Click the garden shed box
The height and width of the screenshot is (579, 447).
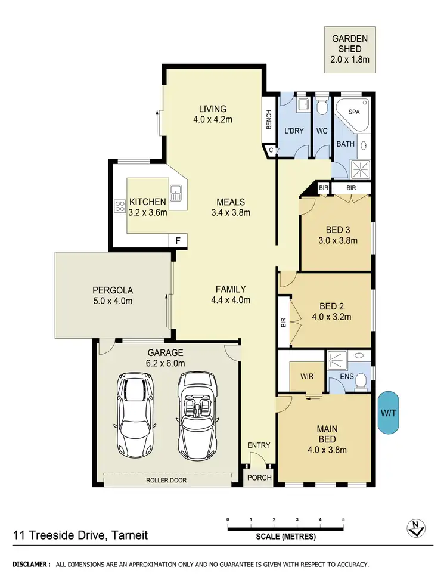(350, 50)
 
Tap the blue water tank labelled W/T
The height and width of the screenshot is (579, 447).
(390, 413)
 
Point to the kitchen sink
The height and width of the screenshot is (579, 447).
(176, 193)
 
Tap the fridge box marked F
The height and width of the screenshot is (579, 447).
(178, 240)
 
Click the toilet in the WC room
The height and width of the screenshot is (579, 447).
(322, 107)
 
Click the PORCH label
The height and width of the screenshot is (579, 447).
(259, 477)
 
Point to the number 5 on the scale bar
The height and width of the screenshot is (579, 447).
(343, 519)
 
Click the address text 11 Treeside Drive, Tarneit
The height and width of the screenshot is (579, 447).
(80, 535)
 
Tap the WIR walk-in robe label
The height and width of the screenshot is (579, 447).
(307, 377)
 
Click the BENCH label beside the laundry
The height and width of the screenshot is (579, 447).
(269, 121)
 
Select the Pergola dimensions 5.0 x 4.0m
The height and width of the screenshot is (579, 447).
(112, 302)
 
